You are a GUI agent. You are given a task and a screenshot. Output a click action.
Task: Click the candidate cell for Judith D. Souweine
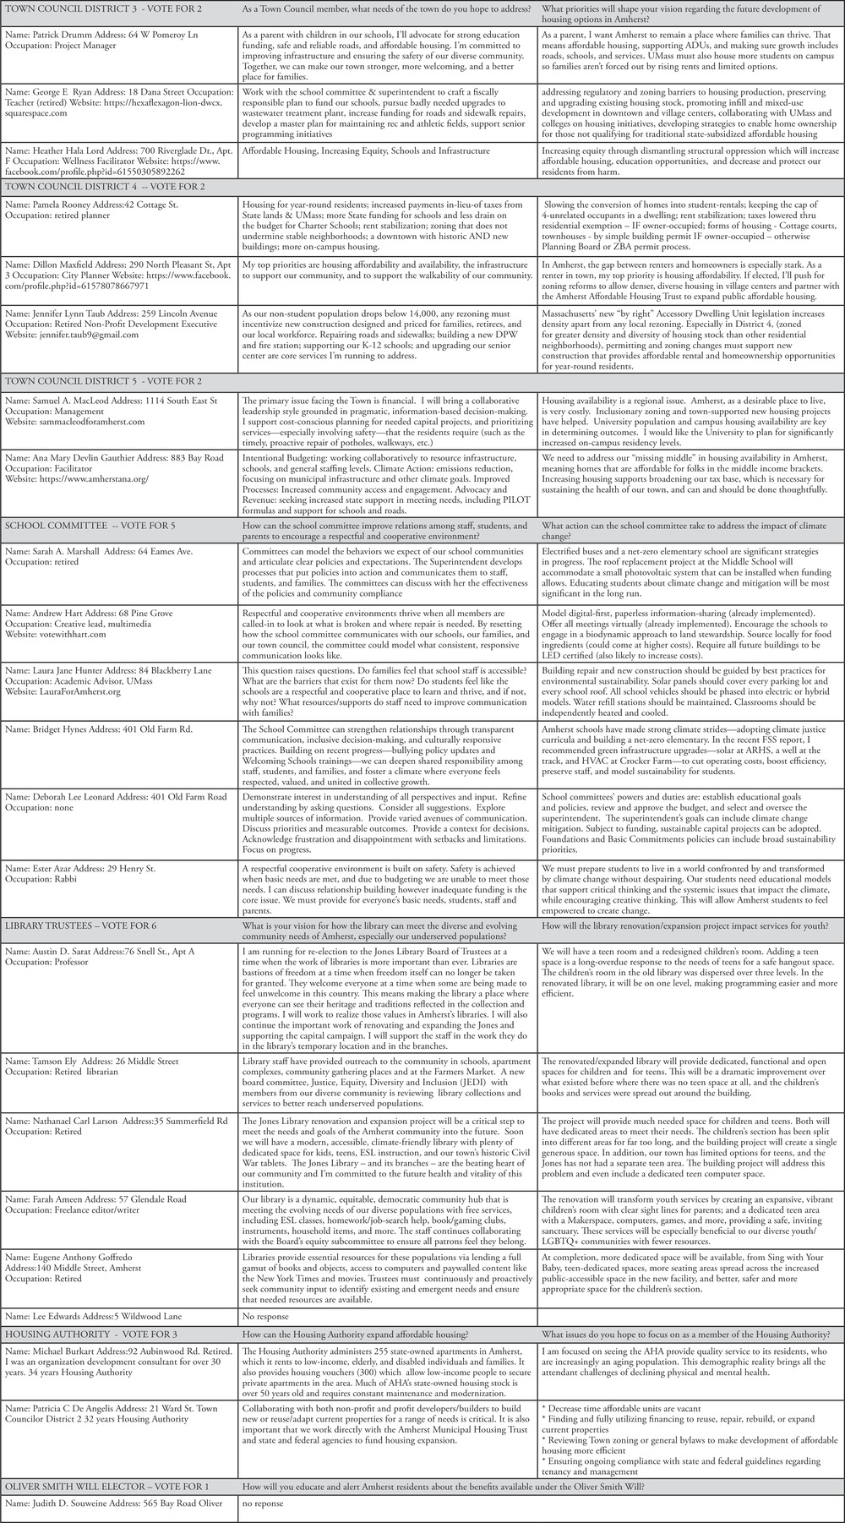point(118,1504)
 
